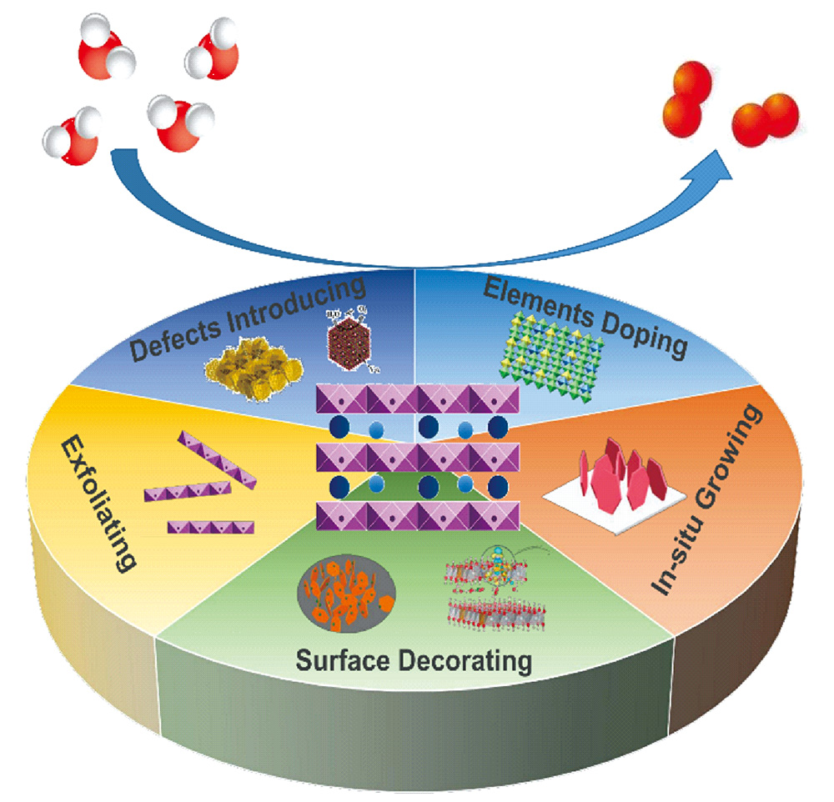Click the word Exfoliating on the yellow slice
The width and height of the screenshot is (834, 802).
coord(98,505)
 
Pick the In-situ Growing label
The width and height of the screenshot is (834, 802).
coord(707,500)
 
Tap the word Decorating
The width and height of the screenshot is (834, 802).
coord(475,663)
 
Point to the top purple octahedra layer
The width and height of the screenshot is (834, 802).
coord(417,396)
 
